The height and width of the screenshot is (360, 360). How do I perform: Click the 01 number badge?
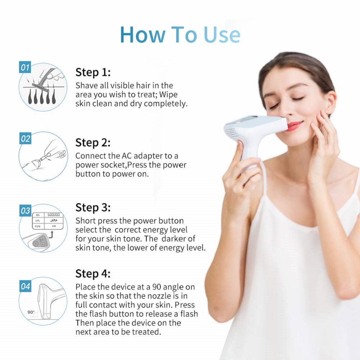pos(25,67)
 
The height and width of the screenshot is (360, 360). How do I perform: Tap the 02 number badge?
pos(25,139)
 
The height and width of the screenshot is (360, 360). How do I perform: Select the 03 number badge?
pos(25,210)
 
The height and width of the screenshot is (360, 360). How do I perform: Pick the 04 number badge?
pos(25,286)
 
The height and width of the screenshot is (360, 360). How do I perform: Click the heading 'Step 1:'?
pos(93,72)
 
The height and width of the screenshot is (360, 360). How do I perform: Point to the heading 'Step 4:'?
pos(93,274)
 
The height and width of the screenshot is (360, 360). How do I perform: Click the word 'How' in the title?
pos(142,35)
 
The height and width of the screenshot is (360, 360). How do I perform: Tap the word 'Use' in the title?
pos(222,35)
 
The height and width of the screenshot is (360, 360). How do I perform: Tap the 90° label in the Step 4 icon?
pos(31,312)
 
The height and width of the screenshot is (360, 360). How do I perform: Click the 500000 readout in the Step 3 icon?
pos(54,215)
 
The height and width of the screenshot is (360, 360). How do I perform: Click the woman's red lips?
pos(294,126)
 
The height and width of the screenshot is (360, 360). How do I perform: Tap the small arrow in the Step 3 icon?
pos(51,234)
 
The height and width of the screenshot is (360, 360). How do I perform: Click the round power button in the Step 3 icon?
pos(36,243)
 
